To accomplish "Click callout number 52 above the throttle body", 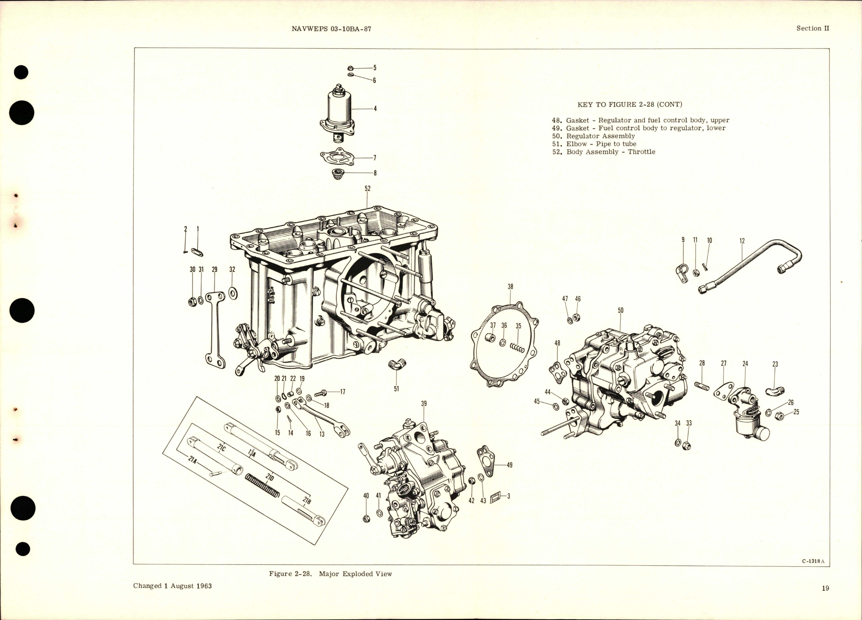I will [367, 189].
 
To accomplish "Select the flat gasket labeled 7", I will [337, 157].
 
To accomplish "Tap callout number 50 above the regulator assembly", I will [620, 310].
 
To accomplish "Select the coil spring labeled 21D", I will [263, 486].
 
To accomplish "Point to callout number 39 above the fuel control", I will [424, 403].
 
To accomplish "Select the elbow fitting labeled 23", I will [775, 390].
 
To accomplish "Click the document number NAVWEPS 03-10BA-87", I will [331, 29].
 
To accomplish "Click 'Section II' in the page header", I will [813, 29].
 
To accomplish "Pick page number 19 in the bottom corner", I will [825, 588].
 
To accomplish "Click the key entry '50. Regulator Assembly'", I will [593, 136].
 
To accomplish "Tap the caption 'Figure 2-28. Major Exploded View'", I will [330, 574].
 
